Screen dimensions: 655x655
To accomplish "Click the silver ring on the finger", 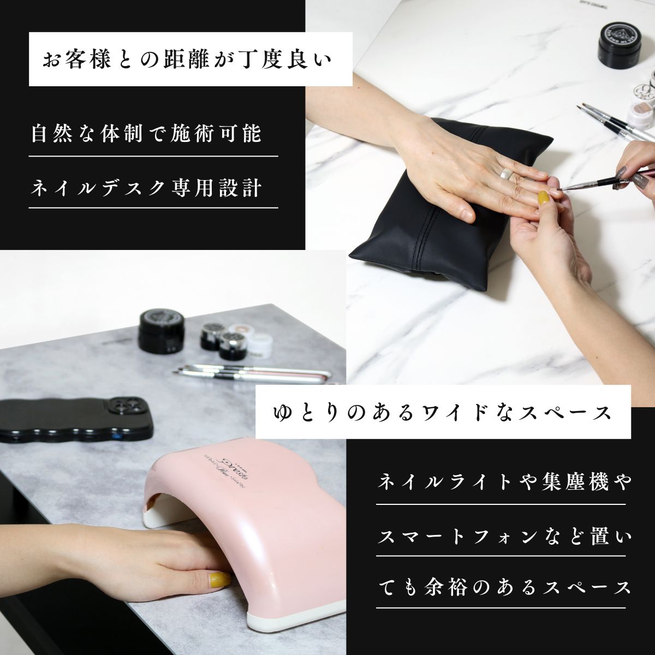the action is pos(506,174).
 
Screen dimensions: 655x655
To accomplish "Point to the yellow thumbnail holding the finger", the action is pos(543,198).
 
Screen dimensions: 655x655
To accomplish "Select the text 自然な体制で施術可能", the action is pos(146,134).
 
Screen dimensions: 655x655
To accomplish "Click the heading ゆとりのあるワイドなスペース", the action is pos(442,412).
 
